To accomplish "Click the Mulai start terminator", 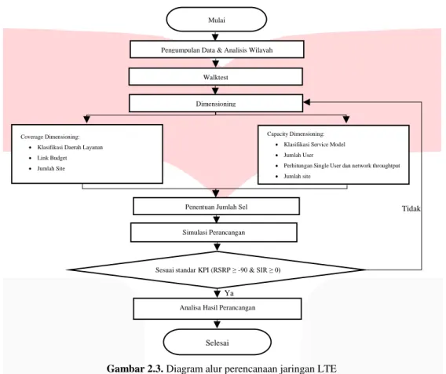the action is [x=217, y=20].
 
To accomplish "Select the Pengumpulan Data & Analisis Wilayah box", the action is [x=217, y=49].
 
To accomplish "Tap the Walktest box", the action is [x=216, y=76].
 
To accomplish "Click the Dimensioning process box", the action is [x=216, y=103].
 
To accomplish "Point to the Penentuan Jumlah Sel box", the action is [x=216, y=207].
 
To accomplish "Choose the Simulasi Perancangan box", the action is [x=214, y=233].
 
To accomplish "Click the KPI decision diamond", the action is [x=217, y=269].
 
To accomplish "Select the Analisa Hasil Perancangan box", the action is [x=218, y=309].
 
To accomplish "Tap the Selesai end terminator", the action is [x=217, y=342].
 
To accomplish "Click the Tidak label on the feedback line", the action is [x=411, y=209].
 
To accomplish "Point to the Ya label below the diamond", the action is [x=229, y=293].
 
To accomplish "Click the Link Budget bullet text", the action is [x=52, y=158].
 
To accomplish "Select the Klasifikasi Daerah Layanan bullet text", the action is [x=70, y=147].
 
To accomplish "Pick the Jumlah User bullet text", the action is [x=298, y=155].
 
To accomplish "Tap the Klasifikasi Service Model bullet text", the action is [x=314, y=145].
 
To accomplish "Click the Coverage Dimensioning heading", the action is [x=50, y=137].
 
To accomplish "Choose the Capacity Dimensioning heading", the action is [x=295, y=134].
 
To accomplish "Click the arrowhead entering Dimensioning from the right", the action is [x=306, y=102].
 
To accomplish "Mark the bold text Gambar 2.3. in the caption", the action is [x=135, y=368].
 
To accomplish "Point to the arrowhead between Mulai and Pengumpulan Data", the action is [x=215, y=37].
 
